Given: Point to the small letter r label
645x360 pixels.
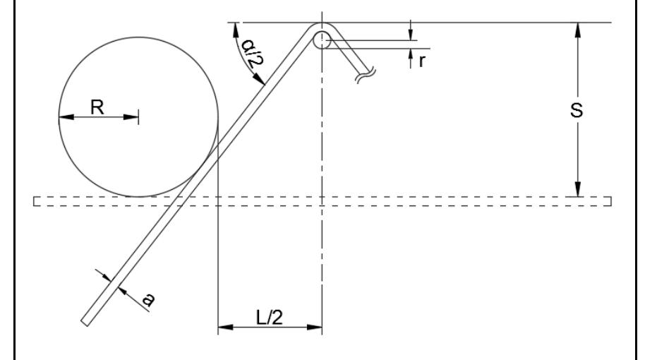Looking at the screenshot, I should click(x=421, y=61).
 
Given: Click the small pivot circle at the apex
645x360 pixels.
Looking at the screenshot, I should click(x=322, y=40).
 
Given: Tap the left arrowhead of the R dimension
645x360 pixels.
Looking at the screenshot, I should click(x=64, y=117).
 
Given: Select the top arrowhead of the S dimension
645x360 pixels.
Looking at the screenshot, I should click(x=578, y=29).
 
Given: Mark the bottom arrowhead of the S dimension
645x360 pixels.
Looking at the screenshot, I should click(x=578, y=191).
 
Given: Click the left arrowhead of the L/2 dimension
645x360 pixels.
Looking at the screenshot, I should click(x=223, y=327).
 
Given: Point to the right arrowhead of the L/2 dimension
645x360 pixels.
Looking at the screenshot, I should click(x=316, y=327).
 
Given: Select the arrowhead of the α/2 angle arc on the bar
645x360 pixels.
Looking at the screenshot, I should click(x=261, y=82).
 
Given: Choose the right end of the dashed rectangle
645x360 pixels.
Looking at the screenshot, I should click(x=610, y=202).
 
